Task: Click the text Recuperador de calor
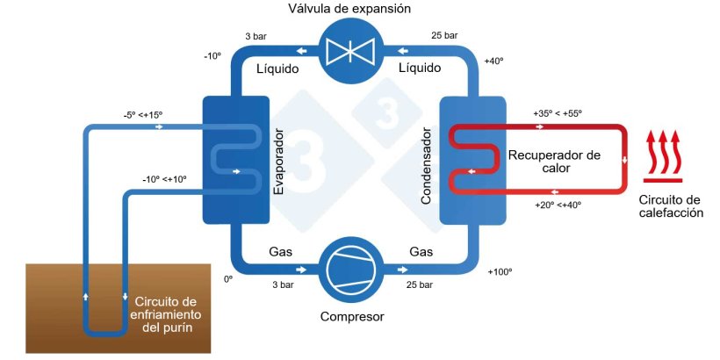click(x=554, y=162)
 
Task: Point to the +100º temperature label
click(x=500, y=271)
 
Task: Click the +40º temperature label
click(x=494, y=61)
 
